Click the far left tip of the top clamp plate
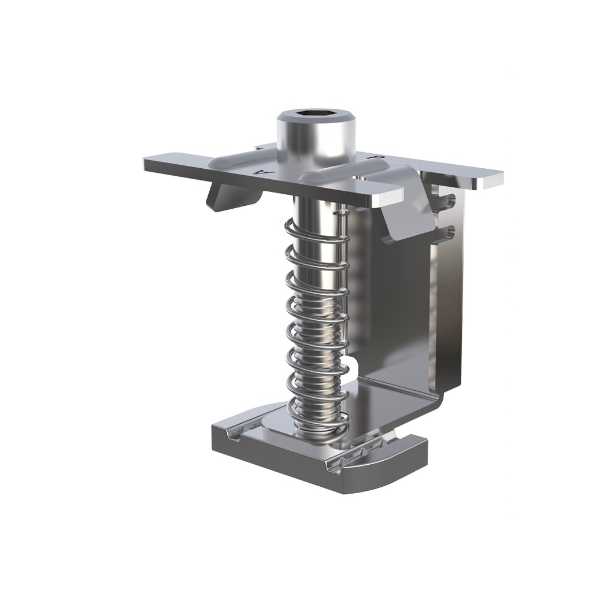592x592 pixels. [x=147, y=164]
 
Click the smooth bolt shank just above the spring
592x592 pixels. [x=315, y=208]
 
